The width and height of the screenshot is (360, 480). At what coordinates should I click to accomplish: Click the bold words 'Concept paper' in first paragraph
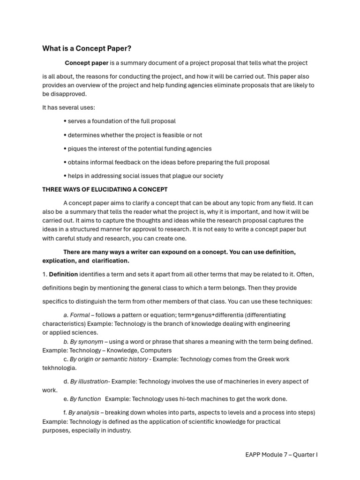86,63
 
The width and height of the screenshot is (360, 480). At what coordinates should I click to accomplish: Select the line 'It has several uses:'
68,108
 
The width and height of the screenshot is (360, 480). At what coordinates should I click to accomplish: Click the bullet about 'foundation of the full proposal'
120,121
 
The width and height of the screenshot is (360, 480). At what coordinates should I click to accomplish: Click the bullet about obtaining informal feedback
166,162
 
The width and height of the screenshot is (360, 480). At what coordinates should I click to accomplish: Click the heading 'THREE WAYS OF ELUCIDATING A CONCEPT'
105,190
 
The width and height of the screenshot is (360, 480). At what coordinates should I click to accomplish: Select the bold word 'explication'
59,261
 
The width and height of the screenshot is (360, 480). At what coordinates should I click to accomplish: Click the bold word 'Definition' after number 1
63,274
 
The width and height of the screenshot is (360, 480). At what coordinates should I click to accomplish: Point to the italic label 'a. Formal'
76,315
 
